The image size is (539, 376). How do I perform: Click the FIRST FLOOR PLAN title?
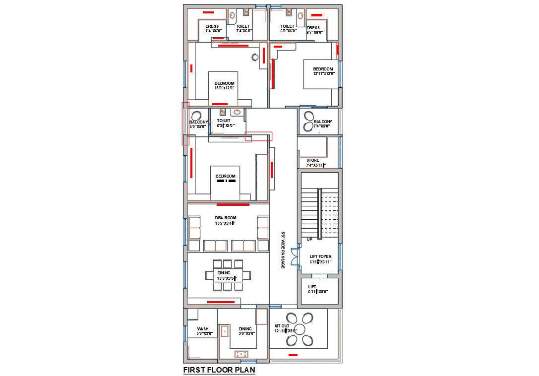tap(219, 370)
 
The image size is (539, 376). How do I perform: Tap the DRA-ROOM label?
tap(225, 220)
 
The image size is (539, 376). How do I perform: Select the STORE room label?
tap(313, 162)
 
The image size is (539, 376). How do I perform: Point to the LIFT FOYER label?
tap(320, 259)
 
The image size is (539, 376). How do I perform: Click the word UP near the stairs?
tap(309, 239)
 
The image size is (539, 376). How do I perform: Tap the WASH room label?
tap(203, 331)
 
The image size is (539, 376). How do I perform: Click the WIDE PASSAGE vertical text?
tap(283, 251)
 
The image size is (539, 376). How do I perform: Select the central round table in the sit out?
tap(300, 329)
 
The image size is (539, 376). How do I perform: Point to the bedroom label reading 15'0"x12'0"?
tap(224, 85)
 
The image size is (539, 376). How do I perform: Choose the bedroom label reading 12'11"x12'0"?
tap(323, 71)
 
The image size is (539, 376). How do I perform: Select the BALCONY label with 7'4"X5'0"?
tap(323, 124)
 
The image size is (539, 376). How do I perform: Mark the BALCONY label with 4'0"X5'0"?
tap(198, 124)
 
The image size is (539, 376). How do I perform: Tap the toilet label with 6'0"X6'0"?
tap(288, 29)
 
